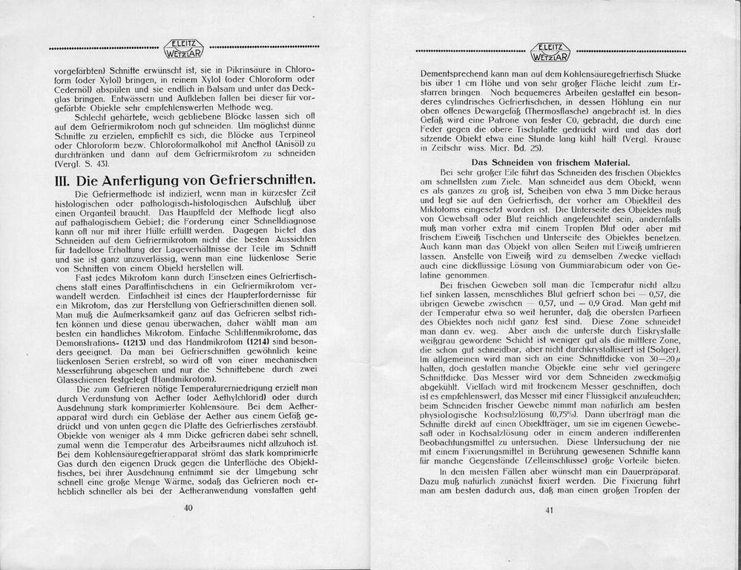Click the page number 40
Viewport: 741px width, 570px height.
(188, 508)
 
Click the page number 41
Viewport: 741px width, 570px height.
(550, 508)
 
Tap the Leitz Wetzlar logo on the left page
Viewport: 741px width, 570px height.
(184, 48)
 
